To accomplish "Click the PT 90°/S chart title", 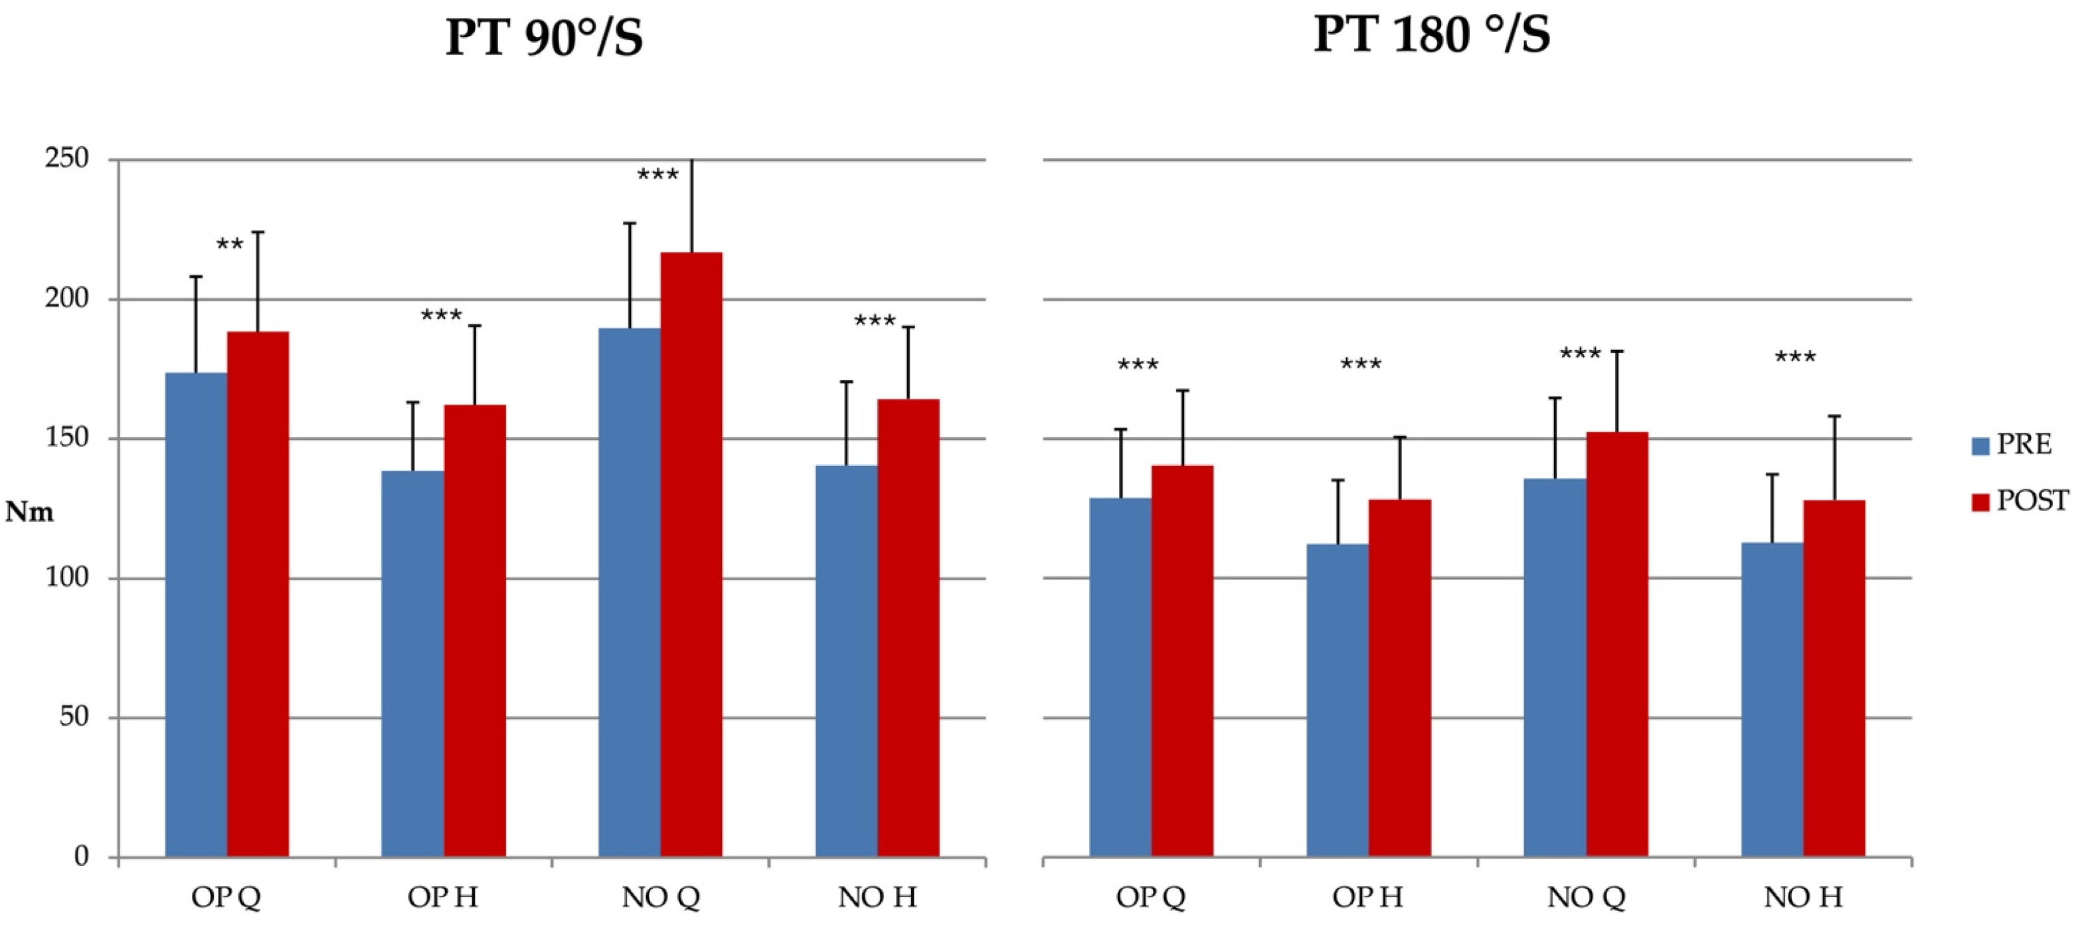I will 544,37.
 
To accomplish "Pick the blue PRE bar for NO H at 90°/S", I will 846,660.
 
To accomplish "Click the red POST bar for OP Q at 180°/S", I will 1182,660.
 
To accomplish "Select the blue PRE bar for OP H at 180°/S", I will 1337,700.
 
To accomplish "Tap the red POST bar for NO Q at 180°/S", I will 1616,644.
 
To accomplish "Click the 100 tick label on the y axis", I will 66,577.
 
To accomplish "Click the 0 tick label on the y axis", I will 80,856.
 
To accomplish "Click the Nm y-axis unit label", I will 30,512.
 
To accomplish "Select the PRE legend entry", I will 2023,445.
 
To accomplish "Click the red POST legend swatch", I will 1980,502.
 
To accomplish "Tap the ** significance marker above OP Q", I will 230,245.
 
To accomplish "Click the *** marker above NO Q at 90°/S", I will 657,175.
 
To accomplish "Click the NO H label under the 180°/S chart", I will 1802,897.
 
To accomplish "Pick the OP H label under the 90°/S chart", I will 443,897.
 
